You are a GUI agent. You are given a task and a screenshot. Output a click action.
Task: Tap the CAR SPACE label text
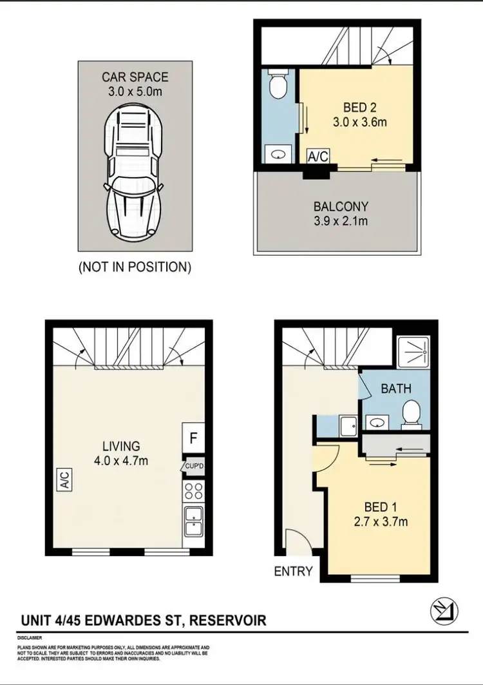click(135, 77)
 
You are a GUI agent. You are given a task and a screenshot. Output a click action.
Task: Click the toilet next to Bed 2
click(278, 86)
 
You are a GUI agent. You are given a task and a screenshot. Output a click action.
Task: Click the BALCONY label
click(341, 207)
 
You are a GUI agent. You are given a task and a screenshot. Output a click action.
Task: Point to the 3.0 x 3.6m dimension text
click(360, 121)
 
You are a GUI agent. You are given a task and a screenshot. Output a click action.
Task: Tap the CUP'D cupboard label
click(194, 466)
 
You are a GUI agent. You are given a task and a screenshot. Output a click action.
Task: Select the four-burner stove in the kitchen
click(193, 492)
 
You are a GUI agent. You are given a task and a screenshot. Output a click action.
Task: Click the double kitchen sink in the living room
click(193, 521)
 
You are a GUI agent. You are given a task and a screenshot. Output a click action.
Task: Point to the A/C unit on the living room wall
click(65, 480)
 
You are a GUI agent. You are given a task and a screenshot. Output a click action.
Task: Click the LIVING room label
click(120, 445)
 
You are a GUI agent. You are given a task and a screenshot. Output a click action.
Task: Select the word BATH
click(396, 389)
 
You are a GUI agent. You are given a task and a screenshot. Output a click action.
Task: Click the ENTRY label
click(294, 571)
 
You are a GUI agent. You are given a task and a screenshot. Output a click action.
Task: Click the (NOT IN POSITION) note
click(135, 267)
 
